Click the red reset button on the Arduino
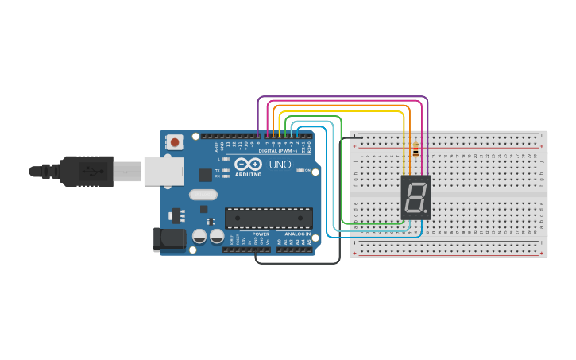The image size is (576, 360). click(174, 142)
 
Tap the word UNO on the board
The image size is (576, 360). click(280, 165)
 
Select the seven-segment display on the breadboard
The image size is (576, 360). click(416, 197)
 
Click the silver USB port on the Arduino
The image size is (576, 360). click(162, 170)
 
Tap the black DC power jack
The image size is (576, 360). click(169, 239)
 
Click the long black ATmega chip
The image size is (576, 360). click(269, 218)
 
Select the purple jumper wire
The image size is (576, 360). click(342, 98)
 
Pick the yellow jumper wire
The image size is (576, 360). click(342, 112)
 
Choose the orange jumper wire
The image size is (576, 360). click(342, 105)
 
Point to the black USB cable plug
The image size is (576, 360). click(87, 170)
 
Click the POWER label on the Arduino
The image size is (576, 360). click(261, 234)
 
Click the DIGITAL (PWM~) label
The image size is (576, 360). click(277, 150)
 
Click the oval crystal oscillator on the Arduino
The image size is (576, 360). click(203, 194)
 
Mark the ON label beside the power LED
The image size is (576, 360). click(307, 170)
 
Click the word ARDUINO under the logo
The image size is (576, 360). click(249, 173)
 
